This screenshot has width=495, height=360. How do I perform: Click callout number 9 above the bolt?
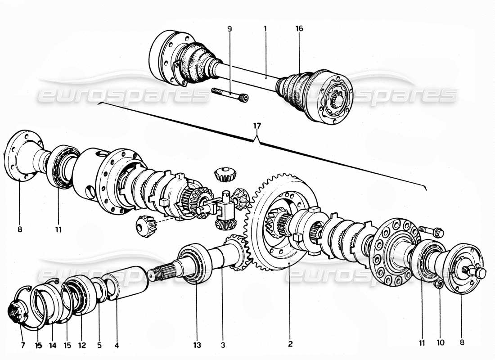pyautogui.click(x=229, y=29)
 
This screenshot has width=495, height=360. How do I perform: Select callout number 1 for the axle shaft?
pyautogui.click(x=265, y=29)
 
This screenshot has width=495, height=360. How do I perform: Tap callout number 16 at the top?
pyautogui.click(x=299, y=29)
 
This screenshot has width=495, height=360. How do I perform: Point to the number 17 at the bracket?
pyautogui.click(x=256, y=126)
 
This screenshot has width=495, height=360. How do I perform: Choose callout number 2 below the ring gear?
pyautogui.click(x=290, y=345)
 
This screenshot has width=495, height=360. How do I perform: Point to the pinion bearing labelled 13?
pyautogui.click(x=194, y=263)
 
